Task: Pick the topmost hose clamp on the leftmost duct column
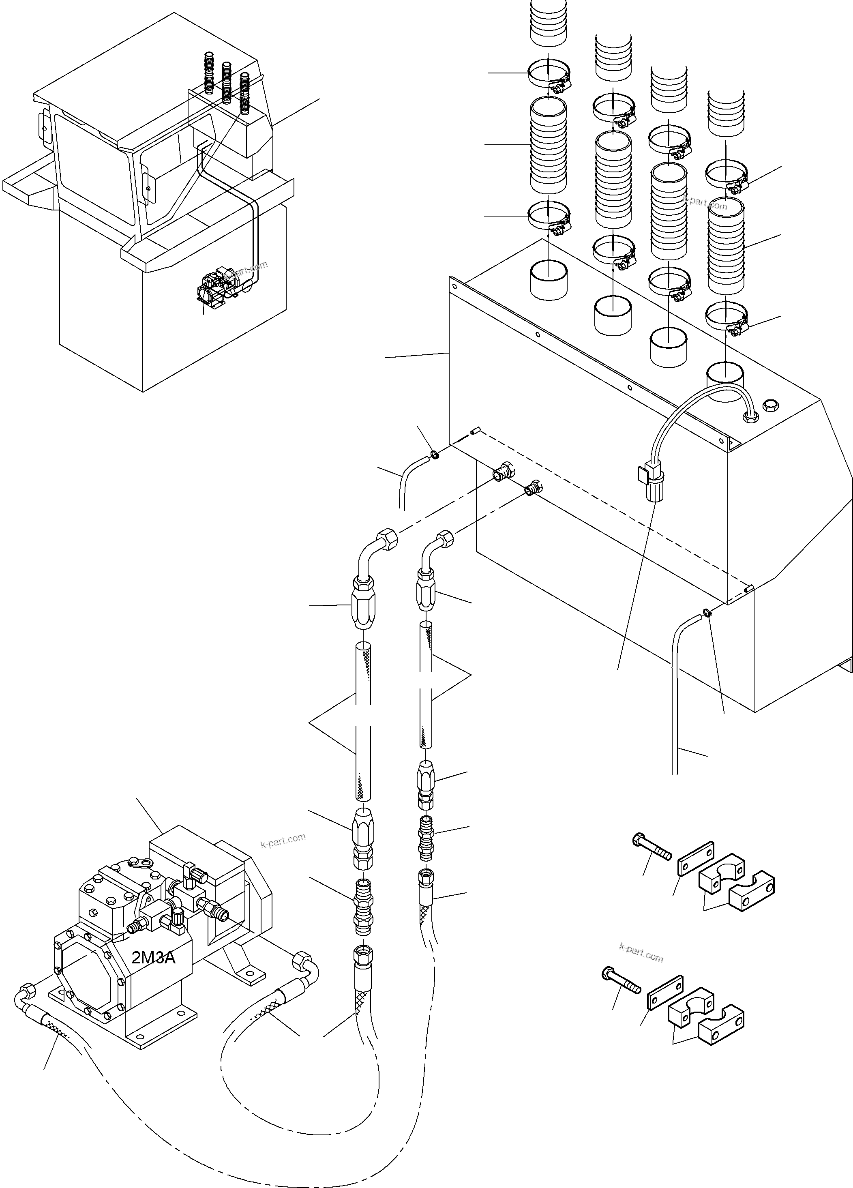click(548, 74)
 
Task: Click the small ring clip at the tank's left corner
click(434, 454)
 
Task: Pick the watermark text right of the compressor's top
click(283, 840)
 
